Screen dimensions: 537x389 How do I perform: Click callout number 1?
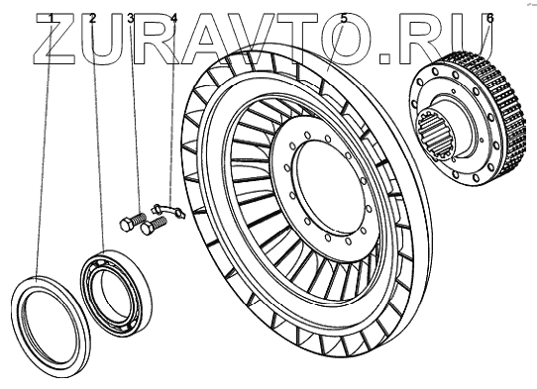52,19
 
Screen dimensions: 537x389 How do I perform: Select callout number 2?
92,19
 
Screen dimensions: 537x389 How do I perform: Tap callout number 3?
131,19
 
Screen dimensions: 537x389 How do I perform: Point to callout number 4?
174,19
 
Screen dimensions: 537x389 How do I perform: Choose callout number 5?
344,19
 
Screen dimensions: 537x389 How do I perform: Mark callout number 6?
490,19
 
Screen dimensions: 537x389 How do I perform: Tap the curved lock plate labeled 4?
168,210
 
